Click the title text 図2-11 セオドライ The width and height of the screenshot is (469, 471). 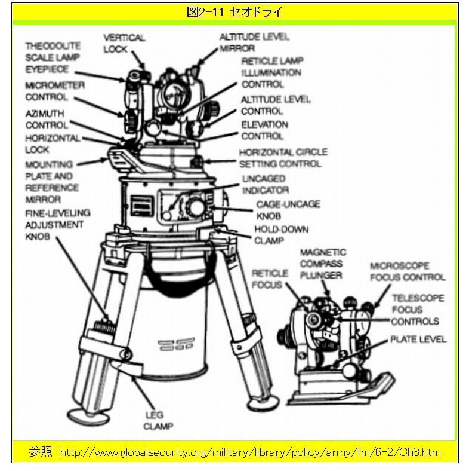click(234, 12)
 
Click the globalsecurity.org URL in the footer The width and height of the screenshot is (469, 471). click(251, 452)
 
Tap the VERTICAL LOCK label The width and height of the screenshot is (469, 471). click(124, 43)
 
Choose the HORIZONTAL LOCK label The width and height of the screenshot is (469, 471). click(53, 143)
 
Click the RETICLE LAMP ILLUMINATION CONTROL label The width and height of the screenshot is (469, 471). click(272, 73)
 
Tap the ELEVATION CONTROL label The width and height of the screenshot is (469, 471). click(264, 130)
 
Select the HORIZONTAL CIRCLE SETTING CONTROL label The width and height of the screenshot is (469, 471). click(283, 158)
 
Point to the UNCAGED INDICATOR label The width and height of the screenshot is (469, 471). click(265, 184)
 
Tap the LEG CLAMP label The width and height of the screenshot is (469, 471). click(158, 420)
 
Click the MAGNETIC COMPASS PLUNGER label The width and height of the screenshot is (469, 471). click(322, 264)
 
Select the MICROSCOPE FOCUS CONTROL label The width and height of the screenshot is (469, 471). click(408, 271)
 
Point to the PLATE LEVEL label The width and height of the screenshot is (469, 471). click(418, 340)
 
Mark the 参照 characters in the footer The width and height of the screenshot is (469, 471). click(41, 452)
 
